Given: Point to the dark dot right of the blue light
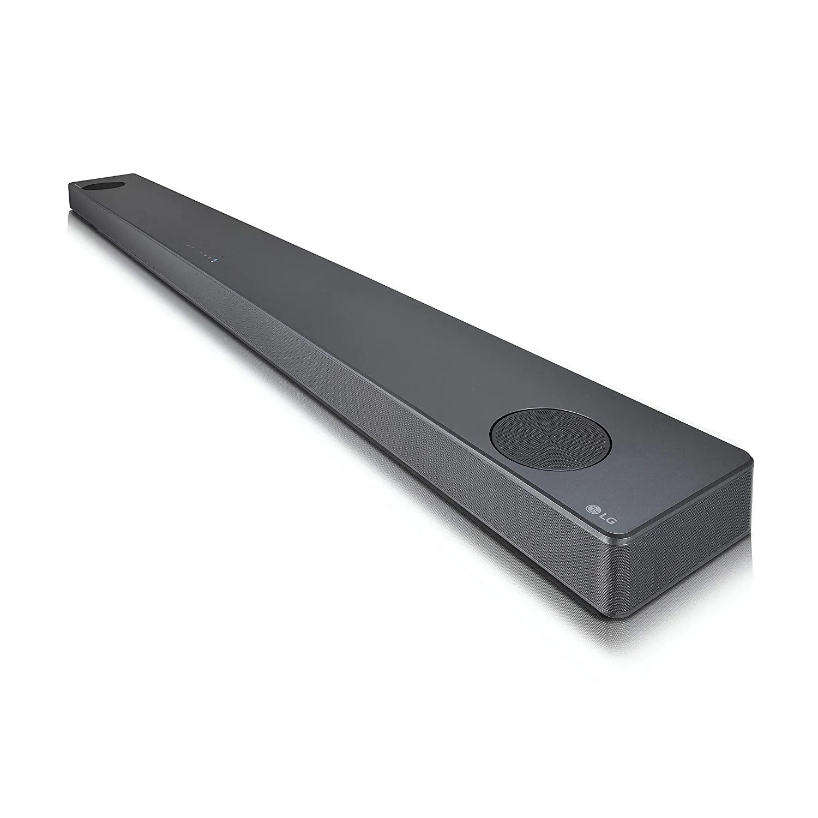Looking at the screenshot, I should [x=227, y=252].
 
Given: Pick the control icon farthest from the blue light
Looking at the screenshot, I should [x=188, y=246].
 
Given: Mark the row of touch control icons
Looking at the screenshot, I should [x=204, y=249].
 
